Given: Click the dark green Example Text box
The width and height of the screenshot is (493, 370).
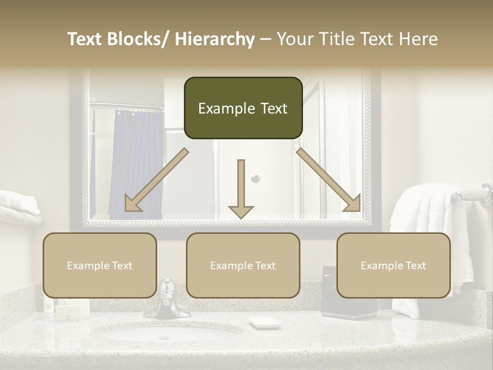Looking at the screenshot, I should point(243,108).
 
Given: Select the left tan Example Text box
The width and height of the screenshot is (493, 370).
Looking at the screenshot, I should point(100,265).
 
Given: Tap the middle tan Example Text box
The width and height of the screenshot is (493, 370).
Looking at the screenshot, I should point(243,265).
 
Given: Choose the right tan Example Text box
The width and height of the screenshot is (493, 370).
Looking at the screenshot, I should point(393,265).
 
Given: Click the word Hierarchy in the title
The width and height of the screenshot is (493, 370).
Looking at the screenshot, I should point(215,39).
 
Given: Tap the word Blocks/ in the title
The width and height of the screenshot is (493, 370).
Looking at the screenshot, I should point(139,39).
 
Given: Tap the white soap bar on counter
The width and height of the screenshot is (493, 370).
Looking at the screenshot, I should point(265,323).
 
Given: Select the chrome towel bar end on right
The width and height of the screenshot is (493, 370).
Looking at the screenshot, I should point(483,194).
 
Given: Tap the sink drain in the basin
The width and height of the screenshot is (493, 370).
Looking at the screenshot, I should point(164,338).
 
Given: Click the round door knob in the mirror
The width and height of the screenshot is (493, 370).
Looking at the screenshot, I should point(255,178).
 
